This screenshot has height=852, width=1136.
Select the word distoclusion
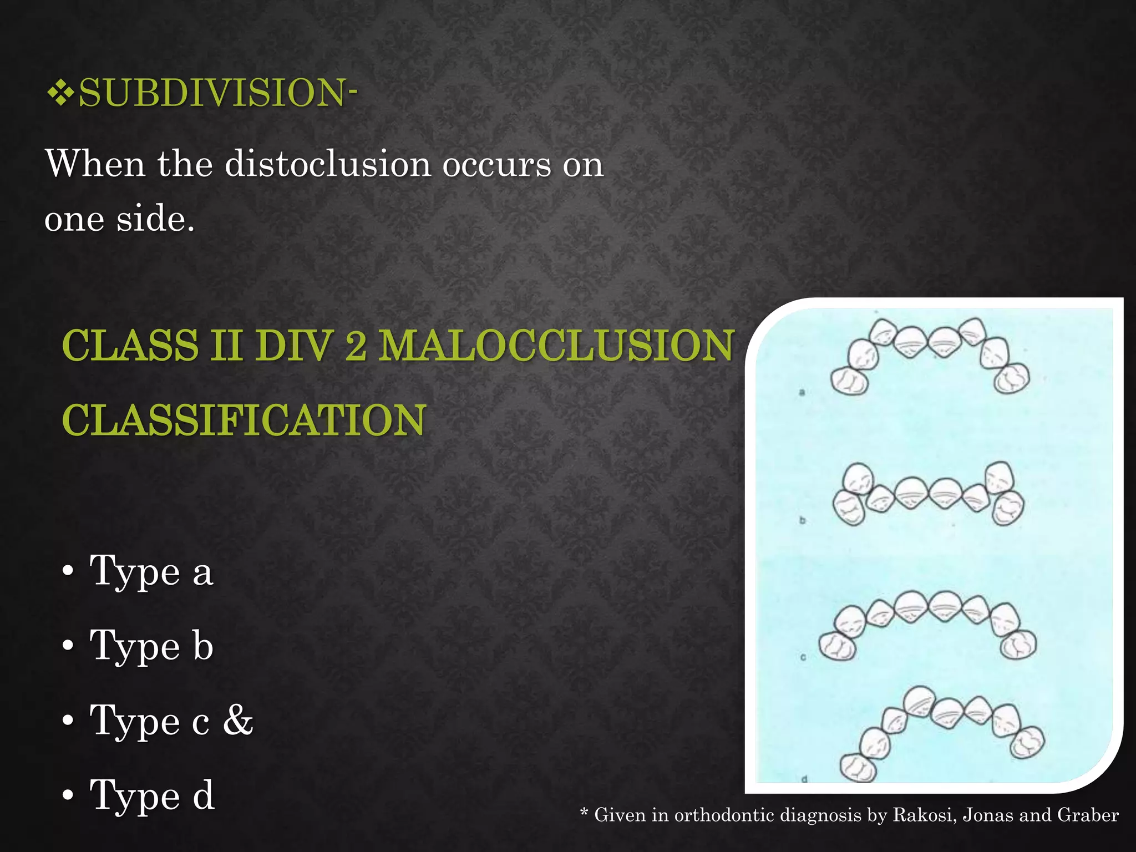(328, 165)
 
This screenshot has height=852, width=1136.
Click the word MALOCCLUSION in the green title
(556, 346)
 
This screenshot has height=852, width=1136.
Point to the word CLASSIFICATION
(244, 420)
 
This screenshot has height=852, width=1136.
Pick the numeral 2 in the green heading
(355, 346)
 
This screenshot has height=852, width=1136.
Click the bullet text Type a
(151, 571)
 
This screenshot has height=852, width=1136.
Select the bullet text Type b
(151, 646)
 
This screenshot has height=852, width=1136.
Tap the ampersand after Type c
(238, 721)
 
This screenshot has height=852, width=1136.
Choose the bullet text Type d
(151, 795)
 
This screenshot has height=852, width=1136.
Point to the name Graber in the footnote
(1088, 815)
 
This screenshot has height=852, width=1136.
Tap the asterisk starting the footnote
(584, 814)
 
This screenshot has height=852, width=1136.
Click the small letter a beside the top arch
(802, 392)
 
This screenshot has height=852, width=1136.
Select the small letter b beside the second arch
(802, 520)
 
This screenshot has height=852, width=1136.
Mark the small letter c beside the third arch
(803, 657)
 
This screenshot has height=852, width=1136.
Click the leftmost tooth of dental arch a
(849, 381)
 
